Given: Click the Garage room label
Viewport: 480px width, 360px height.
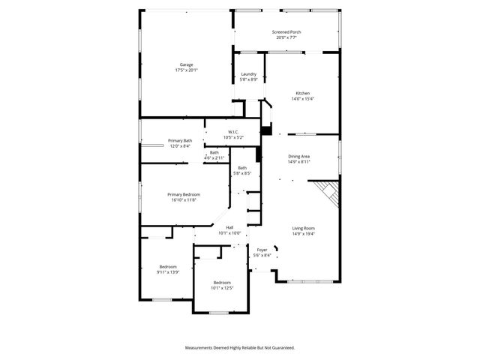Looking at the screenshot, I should click(x=186, y=64).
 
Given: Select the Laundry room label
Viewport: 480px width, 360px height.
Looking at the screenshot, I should click(x=249, y=73).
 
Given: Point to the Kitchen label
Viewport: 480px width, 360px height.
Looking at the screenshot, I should click(x=302, y=93).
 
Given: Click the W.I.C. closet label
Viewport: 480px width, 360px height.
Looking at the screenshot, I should click(x=233, y=132).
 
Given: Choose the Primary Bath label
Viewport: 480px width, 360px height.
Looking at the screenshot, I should click(x=180, y=141).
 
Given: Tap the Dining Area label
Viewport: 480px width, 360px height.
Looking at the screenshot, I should click(x=299, y=156).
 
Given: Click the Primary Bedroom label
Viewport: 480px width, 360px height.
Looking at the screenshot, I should click(x=184, y=194).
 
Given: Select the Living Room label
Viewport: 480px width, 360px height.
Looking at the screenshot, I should click(x=304, y=228).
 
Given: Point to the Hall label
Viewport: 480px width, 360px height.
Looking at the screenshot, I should click(x=229, y=228).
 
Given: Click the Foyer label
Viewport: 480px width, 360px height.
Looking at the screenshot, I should click(x=262, y=250).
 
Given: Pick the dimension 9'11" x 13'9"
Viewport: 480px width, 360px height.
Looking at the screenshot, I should click(x=168, y=271).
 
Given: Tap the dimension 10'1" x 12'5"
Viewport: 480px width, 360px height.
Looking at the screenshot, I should click(x=222, y=287).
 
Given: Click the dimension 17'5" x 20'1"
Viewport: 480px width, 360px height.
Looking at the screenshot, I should click(x=186, y=70).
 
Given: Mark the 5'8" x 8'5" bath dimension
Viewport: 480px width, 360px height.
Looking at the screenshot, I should click(x=242, y=173).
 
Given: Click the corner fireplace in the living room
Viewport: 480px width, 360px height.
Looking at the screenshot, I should click(x=328, y=192).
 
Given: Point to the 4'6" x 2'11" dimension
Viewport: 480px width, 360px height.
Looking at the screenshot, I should click(x=214, y=158).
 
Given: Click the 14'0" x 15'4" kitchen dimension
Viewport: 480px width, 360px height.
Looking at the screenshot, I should click(x=302, y=99).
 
